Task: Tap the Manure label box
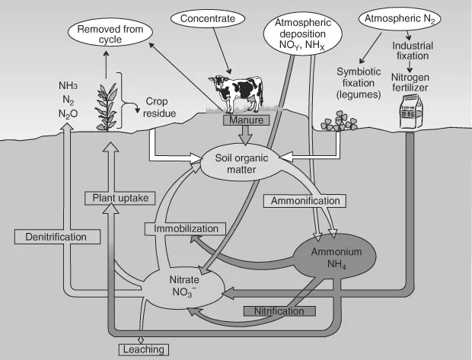[244, 120]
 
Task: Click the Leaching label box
[142, 349]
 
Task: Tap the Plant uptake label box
[120, 198]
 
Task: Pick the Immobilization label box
[186, 228]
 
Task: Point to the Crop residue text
[161, 107]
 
